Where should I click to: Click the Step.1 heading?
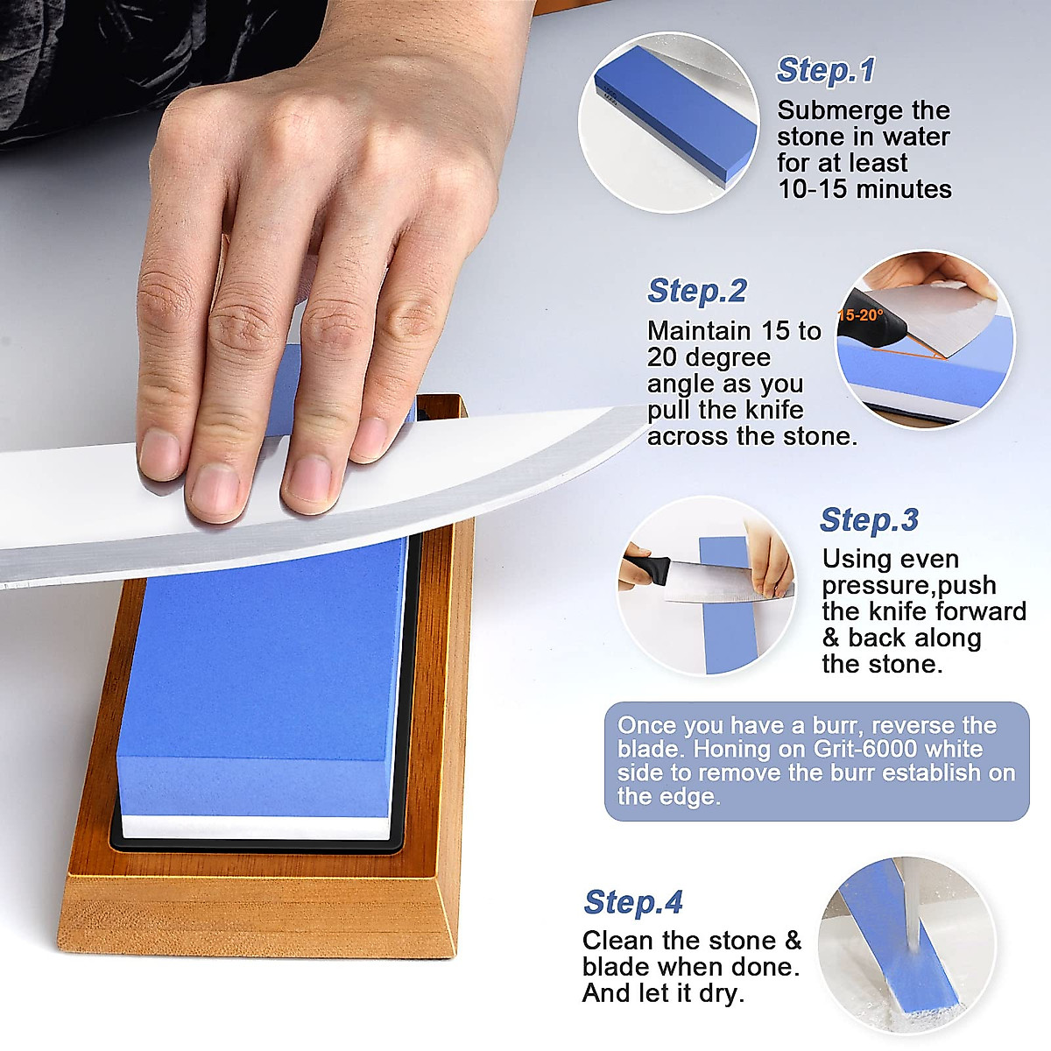[x=825, y=70]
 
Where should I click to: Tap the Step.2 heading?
[x=696, y=291]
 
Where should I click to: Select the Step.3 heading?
[x=869, y=519]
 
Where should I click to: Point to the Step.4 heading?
[x=632, y=902]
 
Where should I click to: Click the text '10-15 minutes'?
[x=864, y=189]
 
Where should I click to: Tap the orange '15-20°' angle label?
[x=861, y=315]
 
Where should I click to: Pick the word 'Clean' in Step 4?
[x=618, y=941]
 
